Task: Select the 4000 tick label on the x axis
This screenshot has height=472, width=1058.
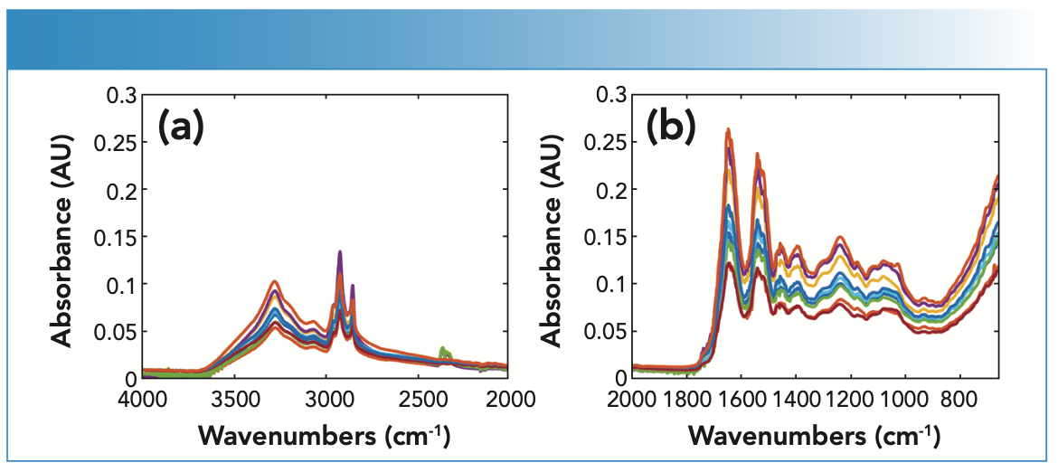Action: click(142, 397)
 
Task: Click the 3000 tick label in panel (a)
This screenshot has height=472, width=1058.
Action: click(326, 397)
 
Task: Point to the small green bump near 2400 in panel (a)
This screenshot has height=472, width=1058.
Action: click(442, 350)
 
